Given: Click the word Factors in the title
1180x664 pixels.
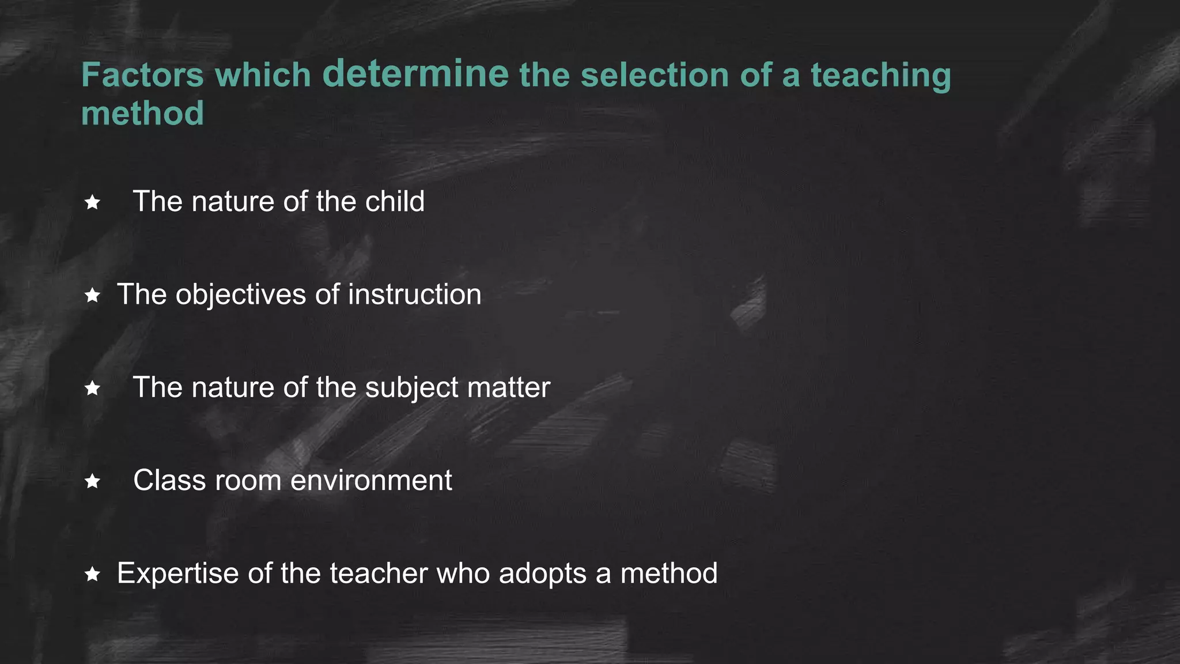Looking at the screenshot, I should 142,76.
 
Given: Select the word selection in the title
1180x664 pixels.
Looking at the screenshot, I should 655,76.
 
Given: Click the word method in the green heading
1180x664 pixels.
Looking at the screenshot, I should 142,113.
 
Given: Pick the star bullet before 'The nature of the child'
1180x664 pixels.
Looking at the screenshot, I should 92,202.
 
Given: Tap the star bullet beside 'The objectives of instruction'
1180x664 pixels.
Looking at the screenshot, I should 92,296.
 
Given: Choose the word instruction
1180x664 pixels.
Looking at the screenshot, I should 414,295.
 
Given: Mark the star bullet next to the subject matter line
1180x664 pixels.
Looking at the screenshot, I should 92,388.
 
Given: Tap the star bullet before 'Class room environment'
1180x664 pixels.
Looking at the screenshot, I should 92,481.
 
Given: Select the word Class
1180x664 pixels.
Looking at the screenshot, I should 169,480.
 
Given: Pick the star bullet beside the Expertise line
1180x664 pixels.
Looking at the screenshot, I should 92,574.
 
